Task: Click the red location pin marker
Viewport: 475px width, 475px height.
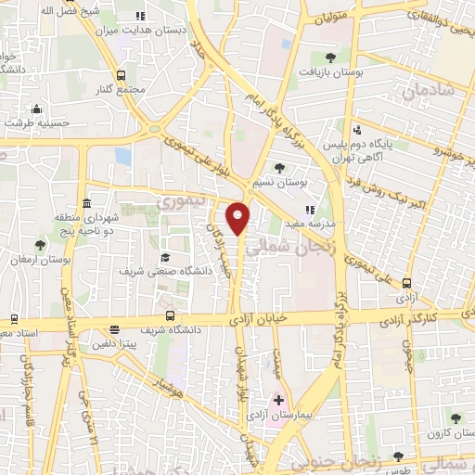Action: pyautogui.click(x=238, y=218)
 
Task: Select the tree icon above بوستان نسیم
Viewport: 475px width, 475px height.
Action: pyautogui.click(x=278, y=168)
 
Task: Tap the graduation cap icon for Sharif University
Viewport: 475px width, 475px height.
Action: pyautogui.click(x=165, y=257)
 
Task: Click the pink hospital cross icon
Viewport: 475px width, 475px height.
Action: pyautogui.click(x=278, y=401)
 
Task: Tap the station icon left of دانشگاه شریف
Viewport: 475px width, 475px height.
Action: pyautogui.click(x=114, y=328)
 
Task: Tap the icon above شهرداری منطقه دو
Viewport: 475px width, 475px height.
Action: pyautogui.click(x=86, y=203)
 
